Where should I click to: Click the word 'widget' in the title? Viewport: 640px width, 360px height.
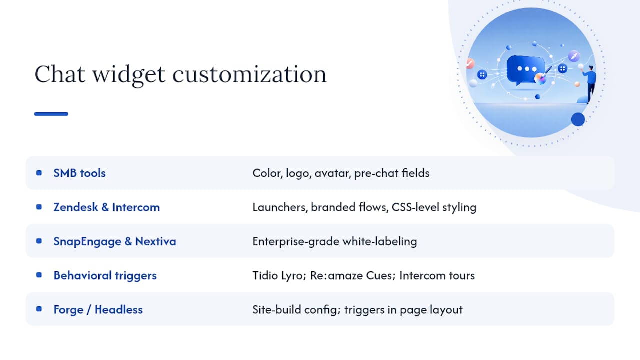(129, 75)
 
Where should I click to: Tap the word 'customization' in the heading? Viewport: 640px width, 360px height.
(249, 74)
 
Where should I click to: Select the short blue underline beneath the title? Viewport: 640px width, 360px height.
(51, 114)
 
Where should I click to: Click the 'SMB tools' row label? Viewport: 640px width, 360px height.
(79, 173)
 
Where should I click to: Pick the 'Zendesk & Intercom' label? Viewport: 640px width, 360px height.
(107, 207)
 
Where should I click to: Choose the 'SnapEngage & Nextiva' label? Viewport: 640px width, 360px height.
(115, 241)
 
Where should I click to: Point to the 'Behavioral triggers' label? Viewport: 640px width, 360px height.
(105, 275)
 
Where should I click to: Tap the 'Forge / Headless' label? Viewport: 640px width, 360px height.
(98, 310)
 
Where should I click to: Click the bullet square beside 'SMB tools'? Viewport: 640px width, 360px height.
(39, 173)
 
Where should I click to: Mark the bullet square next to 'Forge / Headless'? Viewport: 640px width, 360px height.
(39, 309)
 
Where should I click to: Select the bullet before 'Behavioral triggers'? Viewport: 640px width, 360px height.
(39, 275)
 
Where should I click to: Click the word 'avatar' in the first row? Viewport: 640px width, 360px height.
(333, 173)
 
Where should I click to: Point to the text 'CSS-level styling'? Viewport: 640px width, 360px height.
(434, 207)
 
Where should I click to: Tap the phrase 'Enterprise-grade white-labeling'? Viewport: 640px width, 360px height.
(335, 241)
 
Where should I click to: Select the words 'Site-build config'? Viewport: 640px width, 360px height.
(296, 310)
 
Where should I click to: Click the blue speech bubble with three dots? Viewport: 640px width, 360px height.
(525, 70)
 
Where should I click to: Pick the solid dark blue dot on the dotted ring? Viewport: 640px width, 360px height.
(578, 119)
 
